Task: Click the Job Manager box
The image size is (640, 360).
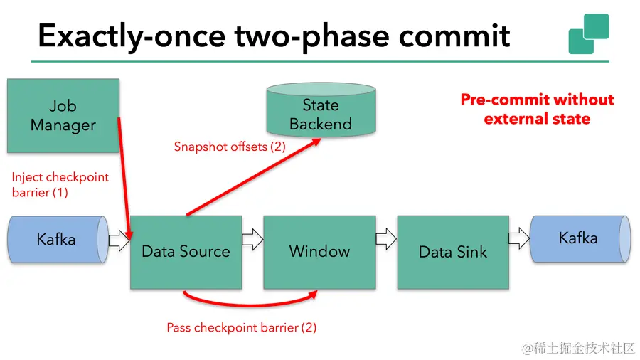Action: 63,115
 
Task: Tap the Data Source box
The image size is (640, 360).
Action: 186,251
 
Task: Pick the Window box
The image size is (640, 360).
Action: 319,251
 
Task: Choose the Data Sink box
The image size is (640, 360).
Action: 453,251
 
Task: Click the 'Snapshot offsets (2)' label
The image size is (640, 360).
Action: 230,147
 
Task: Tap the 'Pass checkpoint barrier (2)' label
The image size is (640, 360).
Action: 241,328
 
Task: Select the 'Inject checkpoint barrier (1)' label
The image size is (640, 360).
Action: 60,184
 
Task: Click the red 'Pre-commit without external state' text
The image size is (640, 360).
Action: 537,109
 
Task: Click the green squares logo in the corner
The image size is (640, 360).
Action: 589,33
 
